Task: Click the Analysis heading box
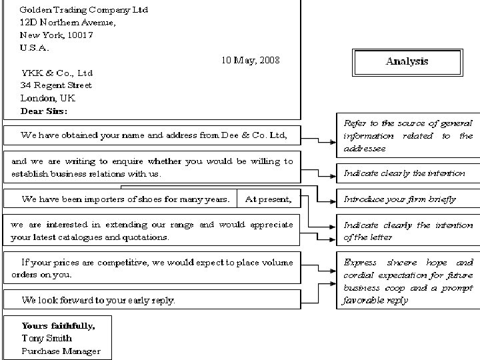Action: coord(407,62)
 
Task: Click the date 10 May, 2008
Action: coord(250,60)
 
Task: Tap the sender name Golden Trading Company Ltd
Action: coord(84,10)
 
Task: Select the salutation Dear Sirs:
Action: coord(44,111)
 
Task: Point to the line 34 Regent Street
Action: coord(56,85)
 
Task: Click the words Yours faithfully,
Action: coord(58,326)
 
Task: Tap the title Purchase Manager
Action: coord(61,351)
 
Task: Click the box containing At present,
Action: coord(268,199)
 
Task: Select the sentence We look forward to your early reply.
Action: coord(99,300)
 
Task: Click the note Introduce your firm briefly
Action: coord(399,199)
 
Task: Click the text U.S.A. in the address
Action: coord(35,47)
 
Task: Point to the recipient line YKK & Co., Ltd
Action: coord(57,73)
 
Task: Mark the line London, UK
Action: coord(48,98)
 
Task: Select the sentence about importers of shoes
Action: coord(127,199)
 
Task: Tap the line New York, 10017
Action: coord(56,35)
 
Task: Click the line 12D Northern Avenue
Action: coord(67,22)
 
